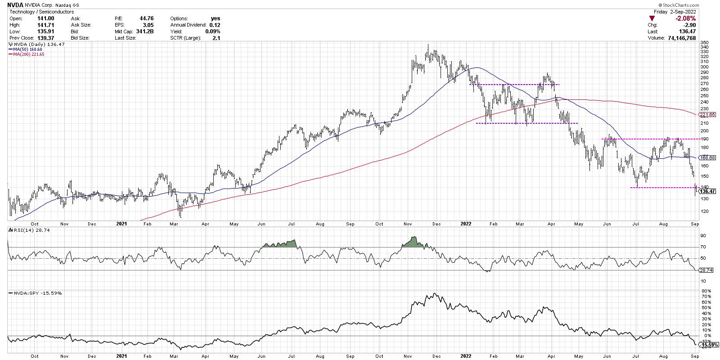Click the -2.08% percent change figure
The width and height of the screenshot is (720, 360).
[686, 18]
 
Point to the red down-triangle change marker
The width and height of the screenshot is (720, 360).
[652, 18]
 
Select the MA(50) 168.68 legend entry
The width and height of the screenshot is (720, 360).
[25, 49]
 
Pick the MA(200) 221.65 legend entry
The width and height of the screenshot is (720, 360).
[26, 54]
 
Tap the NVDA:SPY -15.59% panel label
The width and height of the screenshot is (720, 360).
[36, 293]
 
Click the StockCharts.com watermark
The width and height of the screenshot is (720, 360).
[697, 5]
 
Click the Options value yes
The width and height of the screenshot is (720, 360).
[216, 18]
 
